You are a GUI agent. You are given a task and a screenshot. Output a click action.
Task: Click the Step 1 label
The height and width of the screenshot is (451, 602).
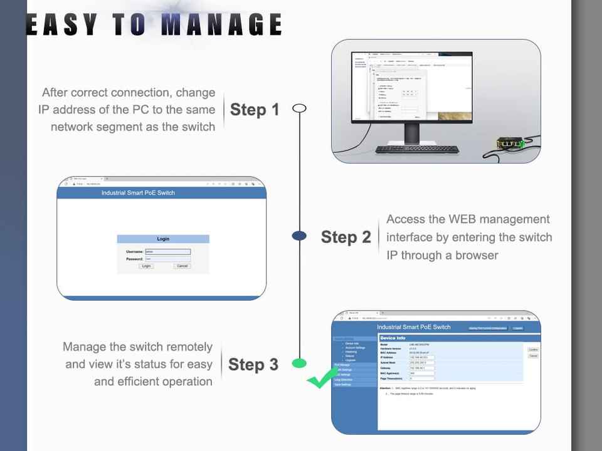pyautogui.click(x=255, y=110)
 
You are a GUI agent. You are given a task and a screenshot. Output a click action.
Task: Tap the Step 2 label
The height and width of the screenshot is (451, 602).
pyautogui.click(x=346, y=237)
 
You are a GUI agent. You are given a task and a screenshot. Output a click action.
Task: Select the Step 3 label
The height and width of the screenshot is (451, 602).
pyautogui.click(x=253, y=365)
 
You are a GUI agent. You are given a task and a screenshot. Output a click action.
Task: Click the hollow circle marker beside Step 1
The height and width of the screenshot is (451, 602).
pyautogui.click(x=300, y=108)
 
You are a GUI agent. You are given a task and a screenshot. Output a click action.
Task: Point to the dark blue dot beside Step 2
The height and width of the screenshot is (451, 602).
pyautogui.click(x=300, y=236)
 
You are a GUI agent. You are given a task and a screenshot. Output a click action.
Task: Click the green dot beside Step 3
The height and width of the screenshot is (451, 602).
pyautogui.click(x=300, y=363)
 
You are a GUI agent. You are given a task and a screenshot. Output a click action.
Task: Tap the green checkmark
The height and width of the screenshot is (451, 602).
pyautogui.click(x=322, y=378)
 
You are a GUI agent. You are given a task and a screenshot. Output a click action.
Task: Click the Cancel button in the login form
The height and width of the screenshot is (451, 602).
pyautogui.click(x=182, y=266)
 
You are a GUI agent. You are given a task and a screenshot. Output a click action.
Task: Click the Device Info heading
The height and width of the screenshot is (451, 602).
pyautogui.click(x=393, y=338)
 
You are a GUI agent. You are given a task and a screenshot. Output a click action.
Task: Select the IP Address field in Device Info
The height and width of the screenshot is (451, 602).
pyautogui.click(x=421, y=358)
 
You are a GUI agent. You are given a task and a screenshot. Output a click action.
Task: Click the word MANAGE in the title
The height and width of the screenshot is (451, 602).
pyautogui.click(x=221, y=24)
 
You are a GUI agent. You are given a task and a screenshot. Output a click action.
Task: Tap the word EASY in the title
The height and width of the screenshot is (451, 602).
pyautogui.click(x=62, y=24)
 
